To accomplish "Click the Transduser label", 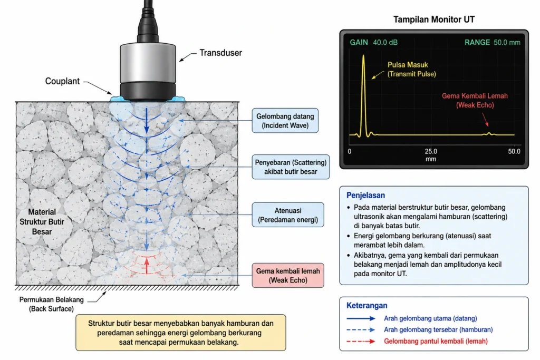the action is (x=221, y=53).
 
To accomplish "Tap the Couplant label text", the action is (x=62, y=81).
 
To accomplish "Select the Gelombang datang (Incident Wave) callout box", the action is (x=285, y=121).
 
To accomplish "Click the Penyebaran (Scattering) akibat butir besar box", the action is (x=291, y=167).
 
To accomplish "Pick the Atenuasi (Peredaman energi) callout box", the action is (x=287, y=215).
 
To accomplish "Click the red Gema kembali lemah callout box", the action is (x=287, y=275).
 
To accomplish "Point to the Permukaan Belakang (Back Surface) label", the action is (x=51, y=304).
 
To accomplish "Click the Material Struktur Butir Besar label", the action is (x=42, y=222).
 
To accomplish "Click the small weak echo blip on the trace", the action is (x=489, y=133).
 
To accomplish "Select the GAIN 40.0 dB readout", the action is (x=374, y=42).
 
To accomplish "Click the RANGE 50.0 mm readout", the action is (x=493, y=42).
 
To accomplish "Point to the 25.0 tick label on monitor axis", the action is (x=431, y=151).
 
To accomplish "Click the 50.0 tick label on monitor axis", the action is (x=514, y=151).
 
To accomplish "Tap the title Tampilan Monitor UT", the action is (x=434, y=20).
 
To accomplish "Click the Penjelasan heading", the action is (x=365, y=195).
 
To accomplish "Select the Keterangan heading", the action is (x=367, y=305).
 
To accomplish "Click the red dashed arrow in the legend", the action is (x=361, y=342).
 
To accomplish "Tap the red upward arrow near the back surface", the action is (x=147, y=266).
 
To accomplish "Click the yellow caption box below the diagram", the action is (x=181, y=333).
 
